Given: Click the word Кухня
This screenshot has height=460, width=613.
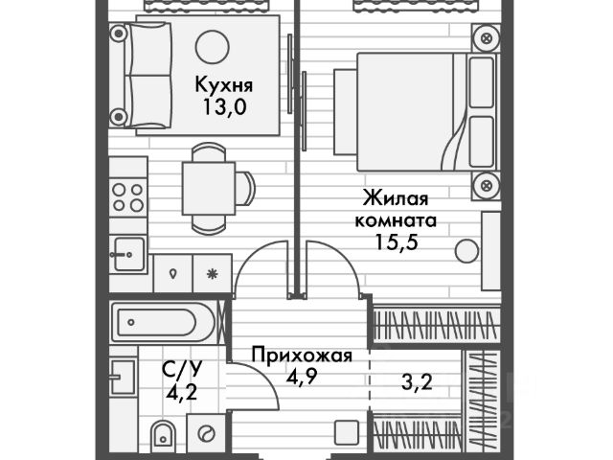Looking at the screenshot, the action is tap(223, 84).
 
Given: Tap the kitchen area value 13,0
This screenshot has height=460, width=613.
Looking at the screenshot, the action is tap(224, 106).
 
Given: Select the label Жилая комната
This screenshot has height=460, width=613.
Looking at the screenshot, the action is tap(396, 209).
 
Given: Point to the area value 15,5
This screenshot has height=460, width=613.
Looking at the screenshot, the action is tap(397, 241).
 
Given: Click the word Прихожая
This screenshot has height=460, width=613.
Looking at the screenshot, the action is tap(302, 356).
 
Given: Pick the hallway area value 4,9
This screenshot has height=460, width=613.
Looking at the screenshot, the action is tap(301, 378).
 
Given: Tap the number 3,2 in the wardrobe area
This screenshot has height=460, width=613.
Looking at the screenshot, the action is tap(417, 381).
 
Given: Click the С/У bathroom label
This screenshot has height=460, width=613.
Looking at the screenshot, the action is tap(181, 369).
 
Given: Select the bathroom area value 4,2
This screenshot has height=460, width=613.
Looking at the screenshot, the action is tap(181, 392).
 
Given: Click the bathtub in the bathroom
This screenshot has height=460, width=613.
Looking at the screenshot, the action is tap(163, 323).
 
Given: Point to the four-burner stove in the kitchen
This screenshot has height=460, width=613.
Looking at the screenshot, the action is tap(127, 197).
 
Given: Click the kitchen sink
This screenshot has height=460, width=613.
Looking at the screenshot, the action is tap(127, 254).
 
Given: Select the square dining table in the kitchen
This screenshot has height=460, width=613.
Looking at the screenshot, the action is tap(209, 188).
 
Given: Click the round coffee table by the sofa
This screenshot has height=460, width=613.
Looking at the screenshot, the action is tap(212, 47).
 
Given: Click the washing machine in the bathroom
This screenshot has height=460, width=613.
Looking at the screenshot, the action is tap(206, 434).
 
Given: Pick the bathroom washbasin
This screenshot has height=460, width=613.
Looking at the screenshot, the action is tap(123, 377).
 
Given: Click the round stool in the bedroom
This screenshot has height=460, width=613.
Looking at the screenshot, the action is tap(466, 250).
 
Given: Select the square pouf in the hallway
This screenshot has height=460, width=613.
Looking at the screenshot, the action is tap(347, 432).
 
